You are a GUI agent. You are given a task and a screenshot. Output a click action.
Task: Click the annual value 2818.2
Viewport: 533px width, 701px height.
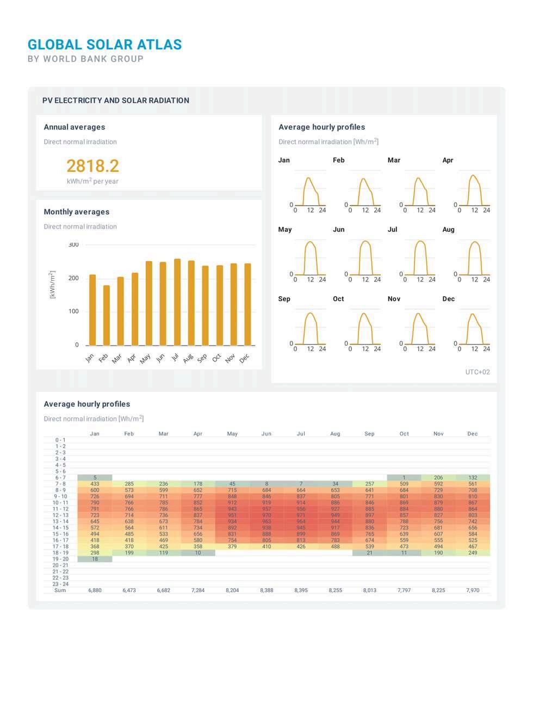click(92, 165)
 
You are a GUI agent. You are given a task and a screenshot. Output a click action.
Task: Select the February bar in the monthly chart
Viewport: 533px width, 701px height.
click(107, 316)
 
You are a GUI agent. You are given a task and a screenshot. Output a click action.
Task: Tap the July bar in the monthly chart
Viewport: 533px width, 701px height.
click(177, 302)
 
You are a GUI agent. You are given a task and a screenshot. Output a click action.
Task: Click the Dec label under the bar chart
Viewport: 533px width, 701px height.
click(244, 358)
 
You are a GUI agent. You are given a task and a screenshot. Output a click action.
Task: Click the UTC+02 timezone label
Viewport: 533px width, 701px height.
click(478, 372)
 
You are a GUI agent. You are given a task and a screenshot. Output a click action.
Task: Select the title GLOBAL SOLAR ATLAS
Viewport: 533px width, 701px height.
click(105, 45)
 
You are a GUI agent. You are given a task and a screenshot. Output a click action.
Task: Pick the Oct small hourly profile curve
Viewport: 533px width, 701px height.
click(365, 327)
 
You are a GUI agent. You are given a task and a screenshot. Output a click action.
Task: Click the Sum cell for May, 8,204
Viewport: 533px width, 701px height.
click(232, 590)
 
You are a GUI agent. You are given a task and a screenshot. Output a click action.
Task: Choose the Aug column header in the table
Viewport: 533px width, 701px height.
click(335, 434)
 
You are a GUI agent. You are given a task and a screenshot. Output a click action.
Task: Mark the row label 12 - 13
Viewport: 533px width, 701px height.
click(60, 515)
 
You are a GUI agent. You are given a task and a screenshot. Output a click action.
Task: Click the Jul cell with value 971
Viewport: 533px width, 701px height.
click(301, 515)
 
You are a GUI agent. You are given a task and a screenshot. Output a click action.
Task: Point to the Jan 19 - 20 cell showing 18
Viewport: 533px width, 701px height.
click(95, 559)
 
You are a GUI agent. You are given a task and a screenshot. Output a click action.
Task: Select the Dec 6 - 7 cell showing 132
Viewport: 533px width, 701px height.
click(473, 478)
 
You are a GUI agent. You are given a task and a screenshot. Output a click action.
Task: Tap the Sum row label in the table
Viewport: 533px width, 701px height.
click(60, 590)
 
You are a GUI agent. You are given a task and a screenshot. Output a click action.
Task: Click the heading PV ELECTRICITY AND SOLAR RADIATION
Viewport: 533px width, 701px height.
click(116, 101)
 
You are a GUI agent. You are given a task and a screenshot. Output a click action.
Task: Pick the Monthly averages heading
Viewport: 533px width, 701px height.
click(77, 212)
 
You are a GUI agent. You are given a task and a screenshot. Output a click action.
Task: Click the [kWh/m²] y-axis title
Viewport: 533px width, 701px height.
click(53, 284)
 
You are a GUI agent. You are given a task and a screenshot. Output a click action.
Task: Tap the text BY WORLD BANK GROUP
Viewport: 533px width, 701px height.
click(86, 59)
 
